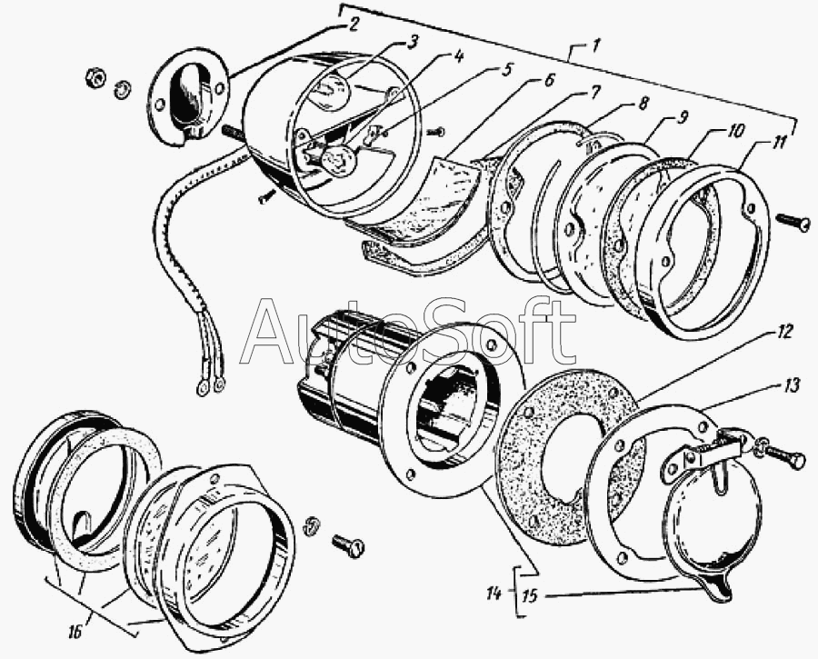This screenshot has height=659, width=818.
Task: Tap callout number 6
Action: click(549, 80)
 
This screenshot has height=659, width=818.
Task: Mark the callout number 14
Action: click(494, 594)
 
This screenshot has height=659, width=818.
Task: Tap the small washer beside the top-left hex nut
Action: click(120, 88)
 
